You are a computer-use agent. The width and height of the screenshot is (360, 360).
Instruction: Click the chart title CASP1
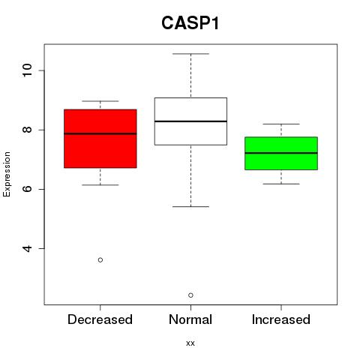190,23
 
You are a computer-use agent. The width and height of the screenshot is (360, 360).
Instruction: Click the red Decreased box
100,139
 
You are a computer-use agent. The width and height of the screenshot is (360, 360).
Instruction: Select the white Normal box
190,121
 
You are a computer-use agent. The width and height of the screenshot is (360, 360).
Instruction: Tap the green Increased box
281,153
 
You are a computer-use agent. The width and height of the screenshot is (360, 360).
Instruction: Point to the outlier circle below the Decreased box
100,260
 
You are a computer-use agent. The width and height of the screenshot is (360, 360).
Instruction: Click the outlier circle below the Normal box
190,295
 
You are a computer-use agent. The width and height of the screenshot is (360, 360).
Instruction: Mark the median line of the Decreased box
100,133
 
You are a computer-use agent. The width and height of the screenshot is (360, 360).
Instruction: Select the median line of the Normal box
190,121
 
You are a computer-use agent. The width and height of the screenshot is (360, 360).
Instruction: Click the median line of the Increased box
281,153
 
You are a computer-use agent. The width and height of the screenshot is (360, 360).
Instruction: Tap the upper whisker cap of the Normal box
190,54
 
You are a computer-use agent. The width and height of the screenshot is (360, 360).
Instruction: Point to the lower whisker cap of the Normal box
190,207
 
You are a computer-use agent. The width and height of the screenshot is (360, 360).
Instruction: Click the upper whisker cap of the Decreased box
100,101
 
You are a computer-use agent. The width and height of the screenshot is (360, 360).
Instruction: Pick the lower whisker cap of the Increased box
281,184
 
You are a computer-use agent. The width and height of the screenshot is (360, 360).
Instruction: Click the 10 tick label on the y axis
27,70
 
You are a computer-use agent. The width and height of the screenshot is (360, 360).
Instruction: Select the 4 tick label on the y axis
27,248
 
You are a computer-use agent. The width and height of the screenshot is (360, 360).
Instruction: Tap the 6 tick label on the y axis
27,189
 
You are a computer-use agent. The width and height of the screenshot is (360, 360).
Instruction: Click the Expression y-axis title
7,174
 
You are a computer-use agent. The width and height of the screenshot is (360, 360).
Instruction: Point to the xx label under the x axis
190,343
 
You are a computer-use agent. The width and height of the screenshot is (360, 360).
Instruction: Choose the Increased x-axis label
281,319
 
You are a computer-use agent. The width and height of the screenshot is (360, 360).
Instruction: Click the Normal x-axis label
190,319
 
